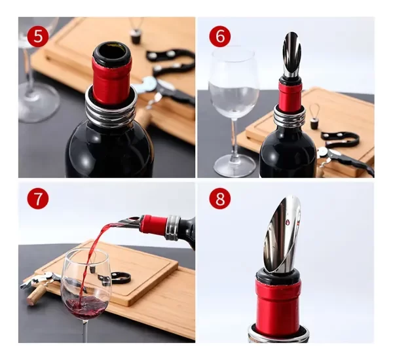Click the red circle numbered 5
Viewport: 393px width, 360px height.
tap(37, 36)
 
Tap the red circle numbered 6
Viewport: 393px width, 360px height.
tap(219, 37)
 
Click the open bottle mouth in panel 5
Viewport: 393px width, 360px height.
tap(111, 52)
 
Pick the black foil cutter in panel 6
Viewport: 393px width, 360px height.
tap(341, 138)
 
